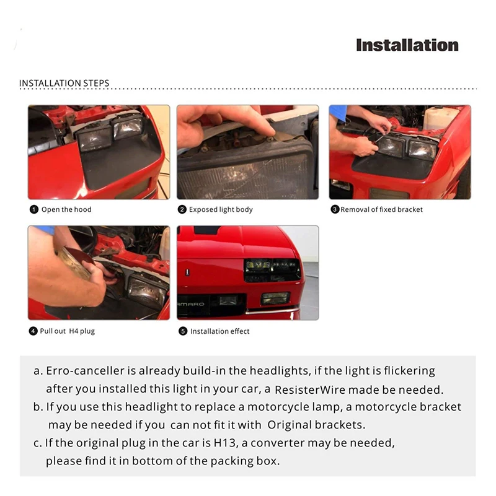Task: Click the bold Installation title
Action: tap(407, 45)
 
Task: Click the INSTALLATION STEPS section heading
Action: tap(64, 83)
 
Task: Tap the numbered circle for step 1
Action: tap(34, 209)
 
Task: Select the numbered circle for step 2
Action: tap(182, 209)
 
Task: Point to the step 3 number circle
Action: tap(335, 209)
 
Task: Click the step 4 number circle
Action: tap(33, 331)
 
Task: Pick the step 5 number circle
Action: tap(183, 331)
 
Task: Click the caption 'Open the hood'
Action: tap(66, 209)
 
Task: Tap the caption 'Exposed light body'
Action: tap(221, 209)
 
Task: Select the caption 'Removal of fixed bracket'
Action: tap(382, 209)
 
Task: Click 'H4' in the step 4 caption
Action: tap(74, 331)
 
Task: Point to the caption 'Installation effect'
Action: tap(220, 331)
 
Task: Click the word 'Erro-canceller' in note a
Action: tap(85, 370)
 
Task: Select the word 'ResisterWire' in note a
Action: tap(310, 389)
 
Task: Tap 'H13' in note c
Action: tap(225, 443)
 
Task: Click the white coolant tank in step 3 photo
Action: tap(440, 118)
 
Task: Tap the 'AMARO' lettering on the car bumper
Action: tap(191, 304)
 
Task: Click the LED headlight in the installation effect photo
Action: tap(272, 271)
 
